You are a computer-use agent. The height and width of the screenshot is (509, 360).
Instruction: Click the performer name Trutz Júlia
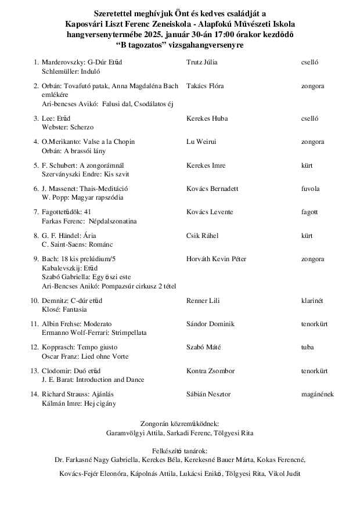(203, 62)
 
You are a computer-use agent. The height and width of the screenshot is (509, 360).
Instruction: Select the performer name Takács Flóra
(205, 86)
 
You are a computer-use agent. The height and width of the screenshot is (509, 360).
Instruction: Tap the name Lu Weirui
(201, 142)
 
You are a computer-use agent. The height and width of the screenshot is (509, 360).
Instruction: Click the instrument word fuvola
(310, 189)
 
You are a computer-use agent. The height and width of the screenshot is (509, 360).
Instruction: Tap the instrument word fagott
(309, 212)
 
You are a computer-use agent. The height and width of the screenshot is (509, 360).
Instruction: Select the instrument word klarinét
(312, 300)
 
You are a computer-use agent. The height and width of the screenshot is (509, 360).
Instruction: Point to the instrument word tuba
(307, 348)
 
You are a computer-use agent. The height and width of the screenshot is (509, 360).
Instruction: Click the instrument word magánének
(317, 395)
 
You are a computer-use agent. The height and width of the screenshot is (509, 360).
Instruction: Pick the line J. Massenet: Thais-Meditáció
(85, 189)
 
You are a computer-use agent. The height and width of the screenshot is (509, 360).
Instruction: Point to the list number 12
(34, 348)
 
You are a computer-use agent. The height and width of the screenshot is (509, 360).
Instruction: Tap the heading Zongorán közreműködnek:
(180, 424)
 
